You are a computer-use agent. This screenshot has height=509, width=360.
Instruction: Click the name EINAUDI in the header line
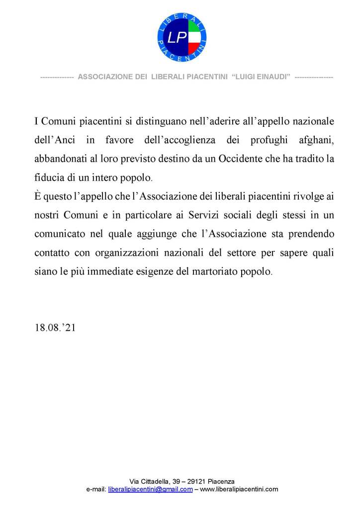coord(271,77)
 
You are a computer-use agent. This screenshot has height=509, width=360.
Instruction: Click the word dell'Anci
coord(55,140)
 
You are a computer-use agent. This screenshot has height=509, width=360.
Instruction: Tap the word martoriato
coord(221,272)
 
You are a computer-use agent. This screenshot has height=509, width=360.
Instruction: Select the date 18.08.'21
coord(55,328)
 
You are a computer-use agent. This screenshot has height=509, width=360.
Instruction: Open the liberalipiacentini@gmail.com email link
coord(150,490)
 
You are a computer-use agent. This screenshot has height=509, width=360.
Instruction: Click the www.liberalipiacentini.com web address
coord(239,490)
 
